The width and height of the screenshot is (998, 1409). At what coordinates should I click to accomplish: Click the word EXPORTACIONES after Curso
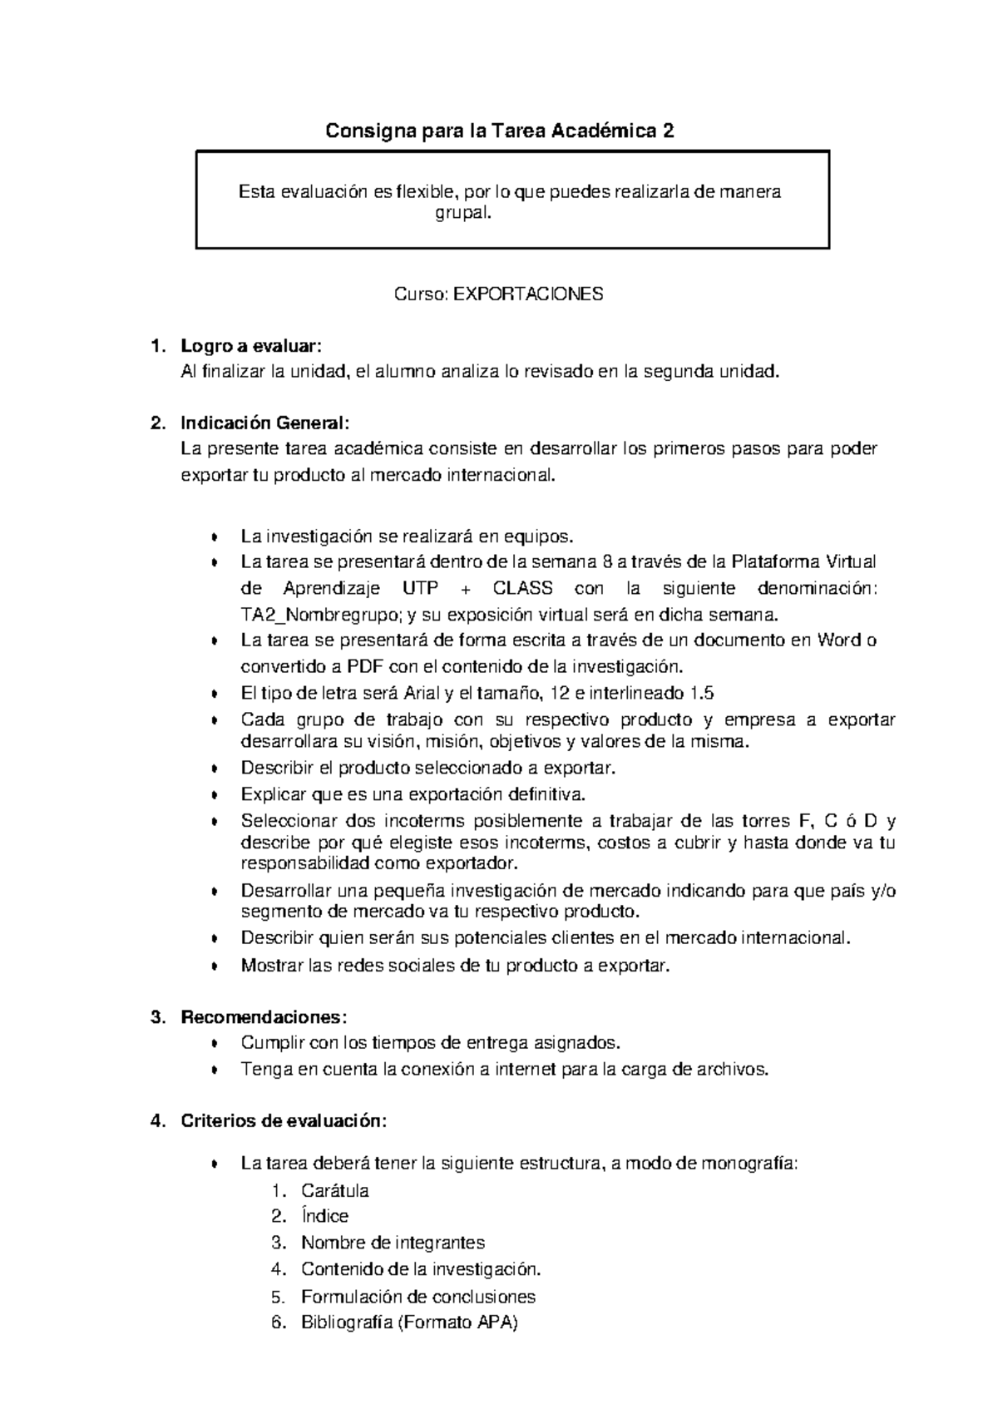528,294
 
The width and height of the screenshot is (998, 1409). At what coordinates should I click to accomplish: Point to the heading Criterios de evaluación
284,1121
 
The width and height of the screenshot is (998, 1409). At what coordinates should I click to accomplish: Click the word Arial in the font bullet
423,693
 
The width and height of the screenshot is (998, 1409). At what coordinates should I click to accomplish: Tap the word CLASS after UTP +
522,588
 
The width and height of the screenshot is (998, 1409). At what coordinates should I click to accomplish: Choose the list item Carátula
334,1190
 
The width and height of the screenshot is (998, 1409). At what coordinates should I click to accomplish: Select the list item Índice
324,1216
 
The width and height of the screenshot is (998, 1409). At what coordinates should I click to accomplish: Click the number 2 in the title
668,131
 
